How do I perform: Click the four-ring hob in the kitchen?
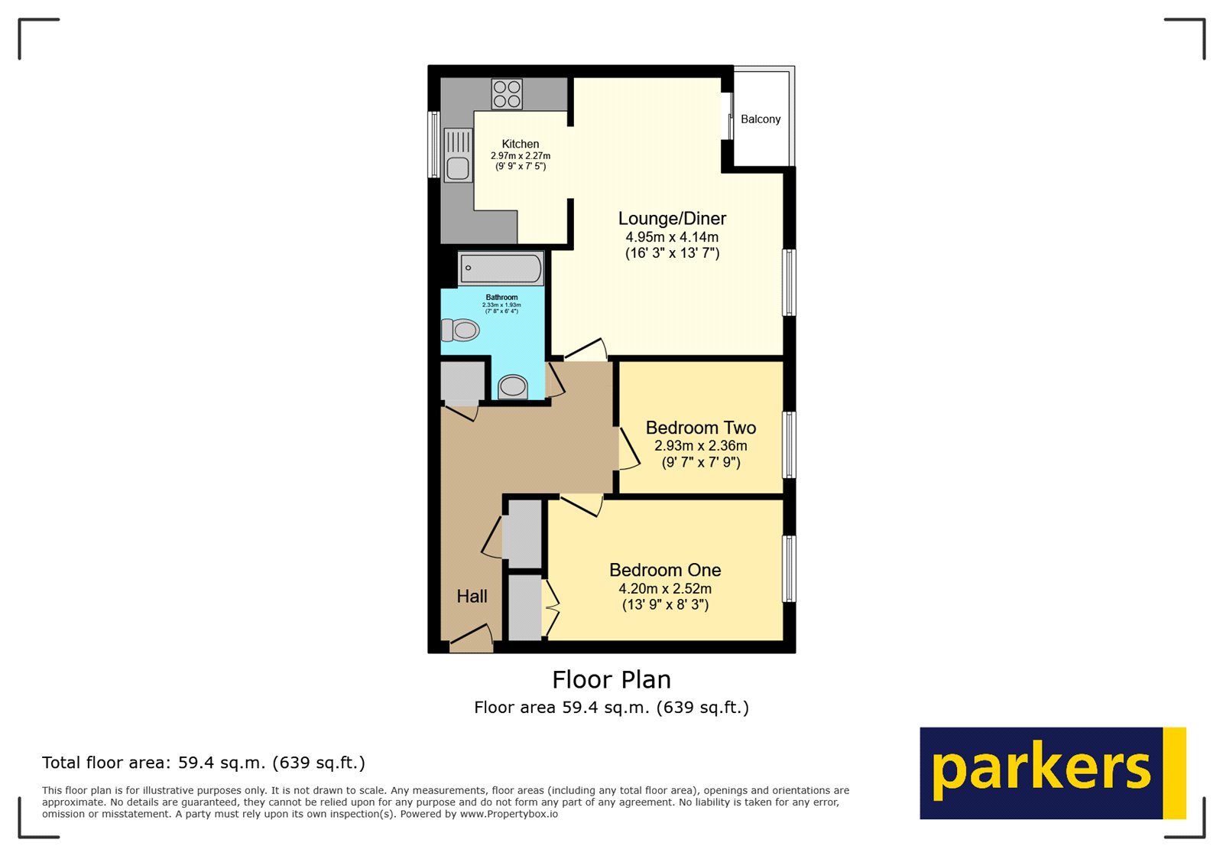point(507,94)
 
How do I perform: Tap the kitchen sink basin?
point(458,168)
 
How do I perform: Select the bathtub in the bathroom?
point(501,269)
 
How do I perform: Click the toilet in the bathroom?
point(461,330)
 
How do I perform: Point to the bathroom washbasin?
point(513,387)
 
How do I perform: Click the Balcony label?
point(761,119)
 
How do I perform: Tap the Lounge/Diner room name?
point(672,219)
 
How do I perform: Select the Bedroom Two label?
point(701,428)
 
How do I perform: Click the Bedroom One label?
point(665,570)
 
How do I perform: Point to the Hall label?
point(472,597)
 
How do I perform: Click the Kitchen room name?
point(521,144)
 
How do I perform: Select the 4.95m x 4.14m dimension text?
point(672,237)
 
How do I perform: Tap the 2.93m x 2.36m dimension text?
point(701,446)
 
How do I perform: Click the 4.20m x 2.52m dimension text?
point(665,589)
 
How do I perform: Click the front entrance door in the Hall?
point(472,641)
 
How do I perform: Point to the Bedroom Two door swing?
point(628,450)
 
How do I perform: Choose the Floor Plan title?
point(611,679)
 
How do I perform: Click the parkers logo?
point(1052,773)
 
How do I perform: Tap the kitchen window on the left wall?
point(433,145)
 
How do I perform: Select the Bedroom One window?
point(789,568)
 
